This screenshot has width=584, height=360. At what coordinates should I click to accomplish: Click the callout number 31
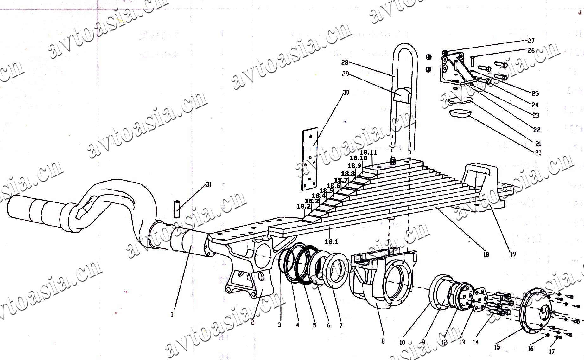208,185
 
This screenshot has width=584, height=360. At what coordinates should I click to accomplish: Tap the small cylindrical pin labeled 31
177,209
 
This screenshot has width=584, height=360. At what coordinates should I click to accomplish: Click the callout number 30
346,93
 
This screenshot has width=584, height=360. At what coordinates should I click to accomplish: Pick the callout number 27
531,41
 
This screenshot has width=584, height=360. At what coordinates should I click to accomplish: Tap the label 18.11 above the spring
368,152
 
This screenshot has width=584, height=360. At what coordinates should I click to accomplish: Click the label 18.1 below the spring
332,242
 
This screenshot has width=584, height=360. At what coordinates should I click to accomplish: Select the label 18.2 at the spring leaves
303,207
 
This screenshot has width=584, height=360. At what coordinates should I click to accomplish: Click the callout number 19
513,254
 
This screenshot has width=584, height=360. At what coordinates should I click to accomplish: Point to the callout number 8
383,341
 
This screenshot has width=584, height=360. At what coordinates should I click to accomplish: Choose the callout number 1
172,315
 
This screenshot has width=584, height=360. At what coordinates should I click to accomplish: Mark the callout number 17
552,351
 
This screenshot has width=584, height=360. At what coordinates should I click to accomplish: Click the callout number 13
462,342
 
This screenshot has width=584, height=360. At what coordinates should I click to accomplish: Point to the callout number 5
314,325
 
